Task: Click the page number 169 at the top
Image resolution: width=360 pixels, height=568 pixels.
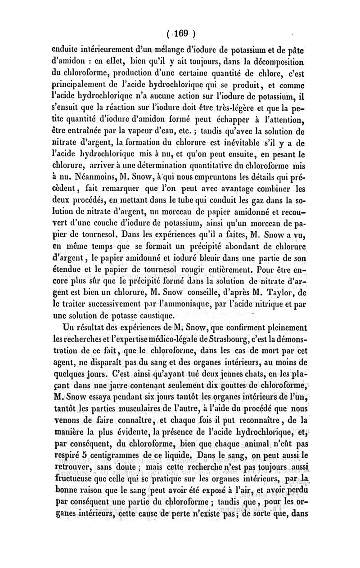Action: pyautogui.click(x=181, y=33)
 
